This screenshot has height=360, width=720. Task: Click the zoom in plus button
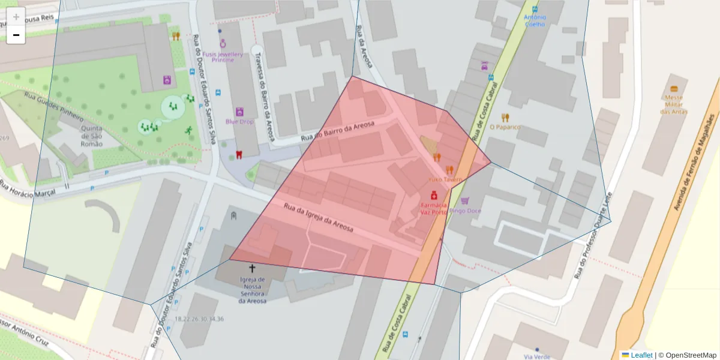click(x=16, y=17)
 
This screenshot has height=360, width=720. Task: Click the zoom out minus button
click(x=16, y=35)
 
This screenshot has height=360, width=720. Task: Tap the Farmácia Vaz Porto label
click(x=433, y=208)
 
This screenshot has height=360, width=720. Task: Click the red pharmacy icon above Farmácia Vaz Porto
click(x=433, y=196)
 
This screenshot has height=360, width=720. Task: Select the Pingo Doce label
click(x=465, y=211)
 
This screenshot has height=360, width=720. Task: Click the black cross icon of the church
click(x=252, y=268)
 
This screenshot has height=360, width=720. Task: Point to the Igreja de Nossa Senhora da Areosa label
click(x=252, y=290)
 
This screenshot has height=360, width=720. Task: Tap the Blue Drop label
click(x=239, y=121)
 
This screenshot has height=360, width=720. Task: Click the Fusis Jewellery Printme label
click(x=223, y=57)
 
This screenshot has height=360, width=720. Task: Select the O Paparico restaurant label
click(x=505, y=127)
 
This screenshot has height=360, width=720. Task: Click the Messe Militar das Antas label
click(x=674, y=104)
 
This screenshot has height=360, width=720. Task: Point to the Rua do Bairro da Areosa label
click(x=337, y=131)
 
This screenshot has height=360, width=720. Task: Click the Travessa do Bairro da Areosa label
click(x=265, y=96)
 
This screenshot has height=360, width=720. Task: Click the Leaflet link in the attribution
click(x=641, y=355)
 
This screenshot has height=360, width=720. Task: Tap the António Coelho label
click(x=535, y=20)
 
